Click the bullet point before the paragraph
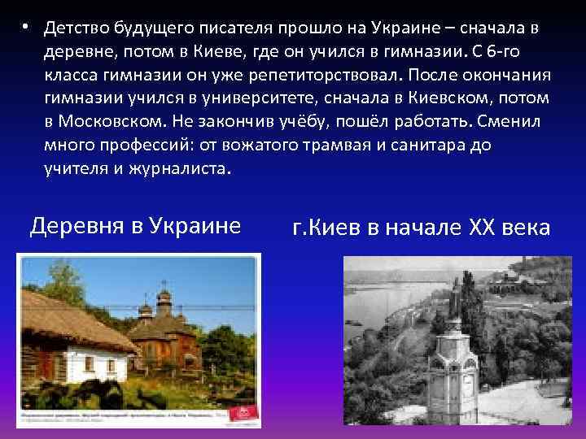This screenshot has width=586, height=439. (x=26, y=28)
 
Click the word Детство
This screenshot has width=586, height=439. (x=76, y=28)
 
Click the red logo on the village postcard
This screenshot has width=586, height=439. (x=242, y=415)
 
